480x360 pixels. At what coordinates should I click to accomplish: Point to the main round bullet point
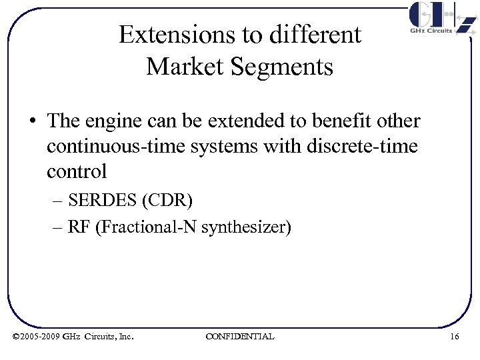(x=33, y=121)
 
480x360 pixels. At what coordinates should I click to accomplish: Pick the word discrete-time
(x=364, y=146)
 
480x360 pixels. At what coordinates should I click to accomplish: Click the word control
(x=77, y=171)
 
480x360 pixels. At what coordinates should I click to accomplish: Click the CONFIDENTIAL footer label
(x=240, y=337)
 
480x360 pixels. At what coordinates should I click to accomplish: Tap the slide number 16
(x=454, y=337)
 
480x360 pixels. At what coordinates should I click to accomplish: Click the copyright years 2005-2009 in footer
(x=40, y=337)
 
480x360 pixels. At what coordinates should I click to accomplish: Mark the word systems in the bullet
(x=225, y=146)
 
